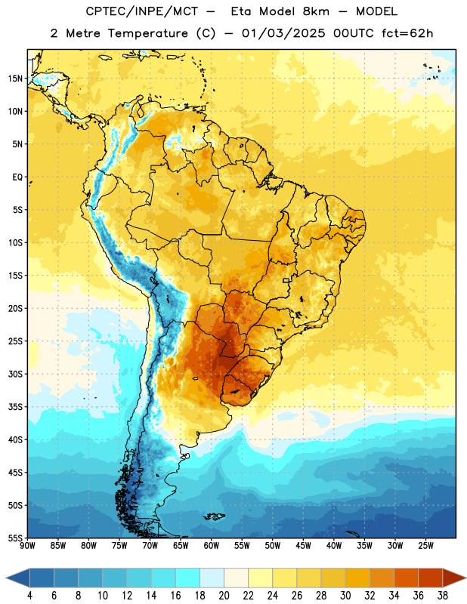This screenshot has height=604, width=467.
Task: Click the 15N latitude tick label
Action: (15, 79)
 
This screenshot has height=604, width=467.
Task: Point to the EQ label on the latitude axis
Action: (17, 177)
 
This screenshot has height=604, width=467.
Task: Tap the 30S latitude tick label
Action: (15, 374)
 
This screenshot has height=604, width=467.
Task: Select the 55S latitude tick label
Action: (15, 538)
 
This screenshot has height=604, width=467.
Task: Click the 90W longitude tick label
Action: (27, 546)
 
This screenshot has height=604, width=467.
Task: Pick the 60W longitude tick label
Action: (211, 546)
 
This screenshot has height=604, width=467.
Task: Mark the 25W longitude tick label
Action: (425, 546)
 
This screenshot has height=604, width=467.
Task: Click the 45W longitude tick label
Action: (303, 546)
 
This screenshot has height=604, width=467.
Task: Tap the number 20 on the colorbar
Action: (224, 596)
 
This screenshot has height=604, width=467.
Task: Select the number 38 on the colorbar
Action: (443, 596)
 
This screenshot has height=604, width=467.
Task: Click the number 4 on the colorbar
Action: (29, 596)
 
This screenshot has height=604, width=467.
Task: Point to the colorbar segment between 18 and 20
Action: (212, 578)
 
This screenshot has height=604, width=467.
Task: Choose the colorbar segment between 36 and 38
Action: (431, 578)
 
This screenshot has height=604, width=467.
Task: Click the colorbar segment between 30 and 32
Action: (357, 578)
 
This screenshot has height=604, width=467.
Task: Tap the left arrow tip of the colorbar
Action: (7, 578)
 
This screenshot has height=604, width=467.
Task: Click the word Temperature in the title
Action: (147, 33)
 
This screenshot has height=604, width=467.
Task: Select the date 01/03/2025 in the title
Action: (283, 33)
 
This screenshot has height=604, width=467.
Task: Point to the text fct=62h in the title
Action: (407, 33)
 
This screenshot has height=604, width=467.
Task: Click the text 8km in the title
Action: (316, 11)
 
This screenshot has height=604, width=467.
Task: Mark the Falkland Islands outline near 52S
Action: (215, 516)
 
